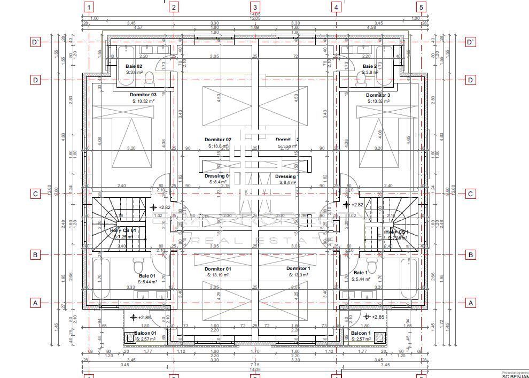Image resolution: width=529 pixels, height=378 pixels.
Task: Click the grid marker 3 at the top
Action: tap(255, 7)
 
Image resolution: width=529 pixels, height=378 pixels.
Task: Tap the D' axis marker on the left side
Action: tap(35, 42)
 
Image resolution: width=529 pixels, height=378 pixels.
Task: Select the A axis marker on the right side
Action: tap(470, 303)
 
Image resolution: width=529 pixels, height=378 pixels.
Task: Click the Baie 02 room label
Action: tap(134, 66)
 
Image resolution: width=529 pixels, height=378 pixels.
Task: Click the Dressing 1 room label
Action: tap(287, 176)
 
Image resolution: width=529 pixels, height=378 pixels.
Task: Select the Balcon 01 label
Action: tap(145, 333)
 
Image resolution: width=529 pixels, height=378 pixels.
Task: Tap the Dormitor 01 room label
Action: tap(217, 269)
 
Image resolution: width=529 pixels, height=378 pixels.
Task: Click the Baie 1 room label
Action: tap(360, 273)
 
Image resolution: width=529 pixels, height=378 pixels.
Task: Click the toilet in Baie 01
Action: tap(138, 266)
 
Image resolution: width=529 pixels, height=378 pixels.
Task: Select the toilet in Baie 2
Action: tap(361, 79)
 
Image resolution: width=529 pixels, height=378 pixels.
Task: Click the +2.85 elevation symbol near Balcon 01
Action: tap(134, 317)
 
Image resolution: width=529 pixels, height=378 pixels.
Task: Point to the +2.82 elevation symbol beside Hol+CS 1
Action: tap(347, 205)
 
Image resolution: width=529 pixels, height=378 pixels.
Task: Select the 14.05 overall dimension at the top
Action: tap(255, 14)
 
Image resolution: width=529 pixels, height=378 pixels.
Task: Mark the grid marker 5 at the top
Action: tap(421, 7)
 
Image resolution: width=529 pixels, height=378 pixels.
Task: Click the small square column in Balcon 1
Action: tap(379, 338)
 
